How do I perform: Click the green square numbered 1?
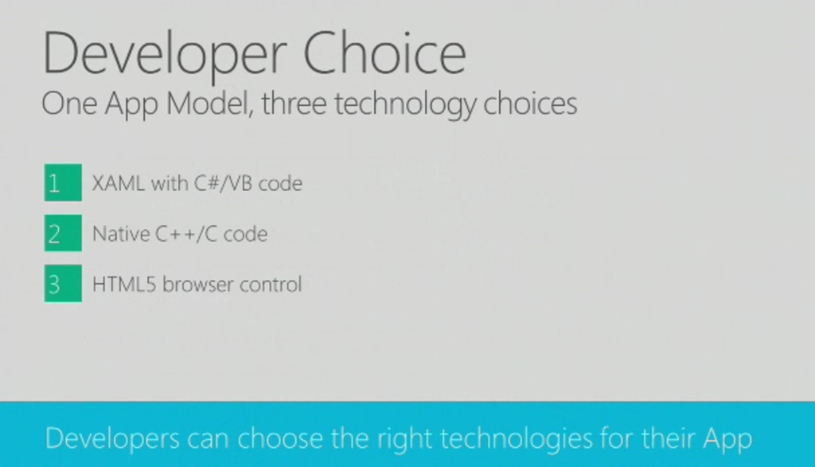click(x=63, y=182)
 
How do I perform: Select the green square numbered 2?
click(x=63, y=233)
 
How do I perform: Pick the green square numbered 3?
click(x=63, y=283)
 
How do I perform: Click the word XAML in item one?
click(x=119, y=183)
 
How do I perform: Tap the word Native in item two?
click(x=121, y=234)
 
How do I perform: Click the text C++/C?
click(x=186, y=234)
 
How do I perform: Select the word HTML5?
click(x=124, y=285)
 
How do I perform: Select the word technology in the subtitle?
click(x=405, y=105)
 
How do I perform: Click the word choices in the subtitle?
click(x=530, y=103)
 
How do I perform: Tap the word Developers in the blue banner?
click(x=112, y=439)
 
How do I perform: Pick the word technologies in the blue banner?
click(x=517, y=439)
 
